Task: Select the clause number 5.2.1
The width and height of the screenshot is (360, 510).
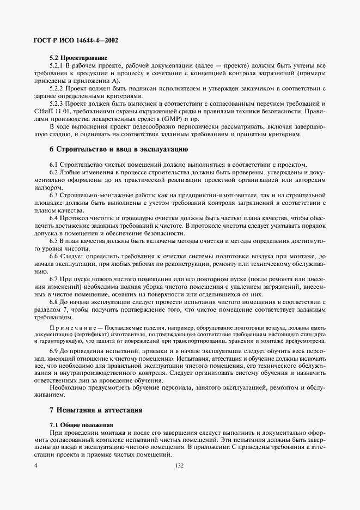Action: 57,65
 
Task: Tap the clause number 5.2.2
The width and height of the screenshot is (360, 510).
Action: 57,88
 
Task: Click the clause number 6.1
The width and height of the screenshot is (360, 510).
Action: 54,165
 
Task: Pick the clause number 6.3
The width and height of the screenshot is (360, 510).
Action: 54,195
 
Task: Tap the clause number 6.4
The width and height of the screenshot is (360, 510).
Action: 54,217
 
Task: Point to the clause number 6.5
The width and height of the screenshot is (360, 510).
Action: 54,240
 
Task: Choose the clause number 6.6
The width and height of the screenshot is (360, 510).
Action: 54,256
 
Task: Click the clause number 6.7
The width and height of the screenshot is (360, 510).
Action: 54,278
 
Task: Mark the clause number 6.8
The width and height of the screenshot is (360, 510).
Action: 54,301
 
